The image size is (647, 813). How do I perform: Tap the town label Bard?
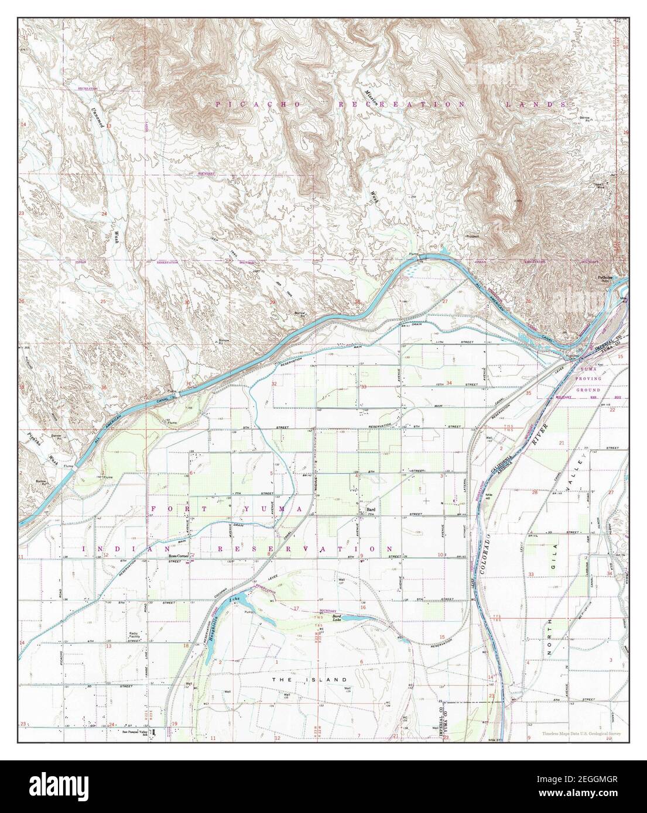tap(370, 509)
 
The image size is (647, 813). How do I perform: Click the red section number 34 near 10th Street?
tap(449, 383)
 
